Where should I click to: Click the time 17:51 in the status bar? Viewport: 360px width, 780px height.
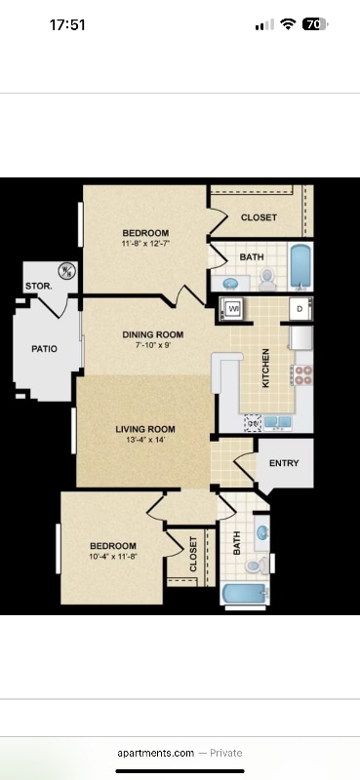[x=67, y=25]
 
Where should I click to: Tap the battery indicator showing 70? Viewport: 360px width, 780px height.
[x=315, y=25]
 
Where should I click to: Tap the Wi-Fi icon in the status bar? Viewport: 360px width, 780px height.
[x=288, y=25]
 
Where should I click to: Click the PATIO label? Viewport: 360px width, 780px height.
[x=44, y=348]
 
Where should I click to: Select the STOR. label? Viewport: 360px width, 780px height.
[x=38, y=287]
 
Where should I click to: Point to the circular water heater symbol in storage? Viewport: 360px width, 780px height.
[x=67, y=270]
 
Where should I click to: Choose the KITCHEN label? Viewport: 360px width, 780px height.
[x=265, y=370]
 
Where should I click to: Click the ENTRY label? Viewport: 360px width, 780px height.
[x=284, y=464]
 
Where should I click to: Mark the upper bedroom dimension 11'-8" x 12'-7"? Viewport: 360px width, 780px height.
[x=145, y=244]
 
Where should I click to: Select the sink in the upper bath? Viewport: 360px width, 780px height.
[x=231, y=282]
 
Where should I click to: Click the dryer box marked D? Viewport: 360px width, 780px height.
[x=299, y=310]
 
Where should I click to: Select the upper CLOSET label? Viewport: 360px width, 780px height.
[x=259, y=217]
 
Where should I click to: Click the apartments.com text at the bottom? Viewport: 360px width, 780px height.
[x=154, y=753]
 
